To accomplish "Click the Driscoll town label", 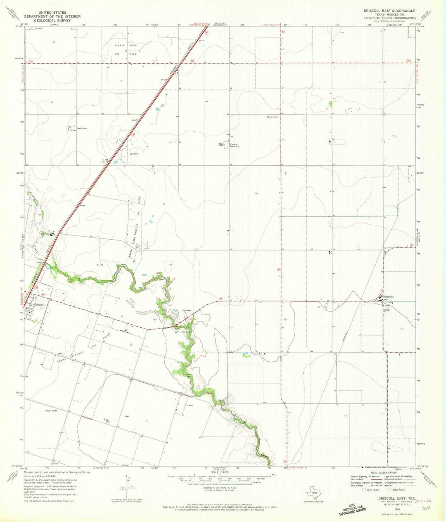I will (40, 304).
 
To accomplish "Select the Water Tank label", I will (51, 411).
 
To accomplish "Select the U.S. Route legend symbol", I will (363, 490).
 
